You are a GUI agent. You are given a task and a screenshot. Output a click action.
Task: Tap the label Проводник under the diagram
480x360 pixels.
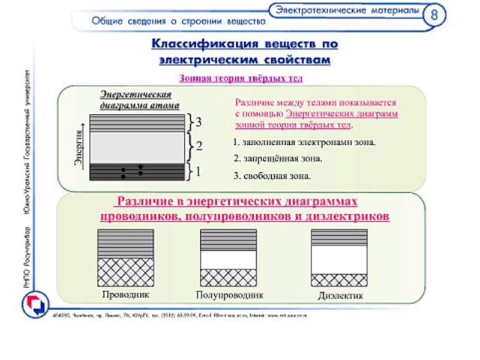tap(125, 295)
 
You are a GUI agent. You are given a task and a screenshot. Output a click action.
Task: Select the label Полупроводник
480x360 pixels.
tap(230, 296)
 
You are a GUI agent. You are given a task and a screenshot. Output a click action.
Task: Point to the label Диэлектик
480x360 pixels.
tap(341, 296)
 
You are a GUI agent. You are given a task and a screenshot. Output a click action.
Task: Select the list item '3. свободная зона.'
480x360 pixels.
tap(272, 176)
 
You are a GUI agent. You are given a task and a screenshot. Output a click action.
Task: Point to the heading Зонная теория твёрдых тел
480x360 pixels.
tap(241, 78)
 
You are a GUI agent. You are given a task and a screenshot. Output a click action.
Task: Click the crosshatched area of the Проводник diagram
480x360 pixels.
tap(125, 272)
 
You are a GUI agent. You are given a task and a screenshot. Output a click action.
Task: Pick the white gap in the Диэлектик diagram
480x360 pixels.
tap(340, 259)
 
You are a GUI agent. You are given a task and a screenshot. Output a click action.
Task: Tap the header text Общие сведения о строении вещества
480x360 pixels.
tap(178, 22)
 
